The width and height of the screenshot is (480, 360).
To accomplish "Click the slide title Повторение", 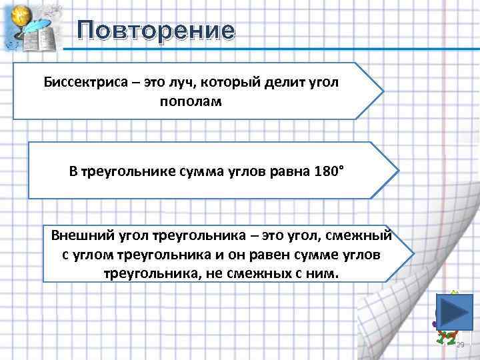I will [156, 31].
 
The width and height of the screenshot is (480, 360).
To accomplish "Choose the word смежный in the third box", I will [361, 236].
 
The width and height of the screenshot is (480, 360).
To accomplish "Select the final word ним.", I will [325, 273].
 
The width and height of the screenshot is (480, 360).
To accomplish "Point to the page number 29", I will [459, 344].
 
